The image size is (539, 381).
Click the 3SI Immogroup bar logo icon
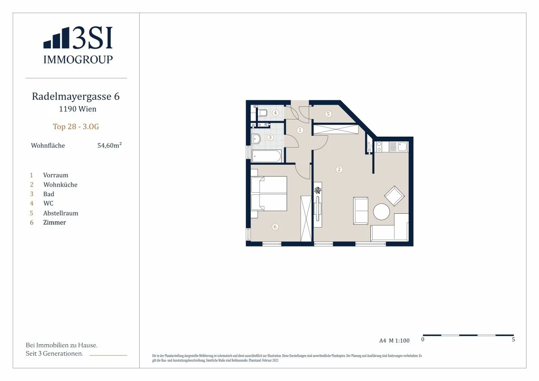[x=56, y=37]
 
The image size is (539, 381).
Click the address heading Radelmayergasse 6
[x=76, y=96]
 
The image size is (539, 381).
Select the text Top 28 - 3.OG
[x=76, y=127]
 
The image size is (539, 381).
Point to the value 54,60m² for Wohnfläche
[x=110, y=145]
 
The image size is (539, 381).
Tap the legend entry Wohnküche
[x=60, y=185]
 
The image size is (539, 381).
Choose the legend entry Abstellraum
[x=61, y=213]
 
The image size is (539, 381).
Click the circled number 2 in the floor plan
[x=339, y=169]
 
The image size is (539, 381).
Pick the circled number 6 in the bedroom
[x=275, y=227]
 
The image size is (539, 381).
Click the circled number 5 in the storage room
[x=328, y=114]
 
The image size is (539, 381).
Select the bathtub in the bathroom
[x=266, y=156]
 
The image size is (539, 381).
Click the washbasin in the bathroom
[x=256, y=139]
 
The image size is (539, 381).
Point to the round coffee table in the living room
[x=381, y=212]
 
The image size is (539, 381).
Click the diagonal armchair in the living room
[x=394, y=196]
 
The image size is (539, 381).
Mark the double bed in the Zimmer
[x=269, y=194]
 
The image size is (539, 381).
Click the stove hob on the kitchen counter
[x=379, y=147]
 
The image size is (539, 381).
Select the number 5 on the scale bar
[x=513, y=339]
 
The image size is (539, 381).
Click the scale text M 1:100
[x=399, y=340]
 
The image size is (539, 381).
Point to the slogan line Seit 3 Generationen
[x=54, y=353]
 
